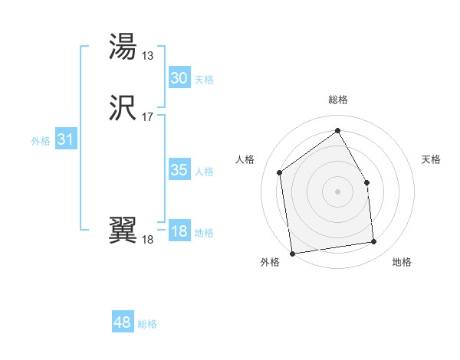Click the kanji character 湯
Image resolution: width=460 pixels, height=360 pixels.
(x=123, y=47)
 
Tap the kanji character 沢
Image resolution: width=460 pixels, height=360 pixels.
(x=123, y=109)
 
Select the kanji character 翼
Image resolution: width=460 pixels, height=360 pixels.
(x=123, y=231)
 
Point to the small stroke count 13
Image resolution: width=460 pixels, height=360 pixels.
(x=148, y=55)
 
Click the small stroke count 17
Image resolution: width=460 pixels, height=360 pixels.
(x=148, y=117)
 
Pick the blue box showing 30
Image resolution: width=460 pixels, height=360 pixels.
(x=179, y=78)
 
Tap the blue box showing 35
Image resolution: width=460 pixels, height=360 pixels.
(x=179, y=170)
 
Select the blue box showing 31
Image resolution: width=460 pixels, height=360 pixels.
(x=65, y=139)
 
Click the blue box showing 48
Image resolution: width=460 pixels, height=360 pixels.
(x=122, y=322)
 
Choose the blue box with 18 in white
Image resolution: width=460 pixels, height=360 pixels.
(x=179, y=231)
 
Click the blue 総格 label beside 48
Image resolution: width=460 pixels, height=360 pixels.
(x=147, y=324)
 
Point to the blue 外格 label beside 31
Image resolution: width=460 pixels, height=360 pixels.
(x=41, y=141)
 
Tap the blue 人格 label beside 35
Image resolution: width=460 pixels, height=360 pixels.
(x=205, y=172)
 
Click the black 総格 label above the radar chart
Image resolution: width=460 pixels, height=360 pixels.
(x=337, y=100)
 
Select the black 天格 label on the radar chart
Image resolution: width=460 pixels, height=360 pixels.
(x=432, y=159)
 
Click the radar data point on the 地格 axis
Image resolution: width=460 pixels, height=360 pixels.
(x=374, y=242)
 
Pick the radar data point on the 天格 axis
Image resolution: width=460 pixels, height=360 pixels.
(x=366, y=182)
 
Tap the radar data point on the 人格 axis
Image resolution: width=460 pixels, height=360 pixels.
(x=280, y=172)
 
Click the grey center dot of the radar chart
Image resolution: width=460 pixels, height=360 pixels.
(x=337, y=191)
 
